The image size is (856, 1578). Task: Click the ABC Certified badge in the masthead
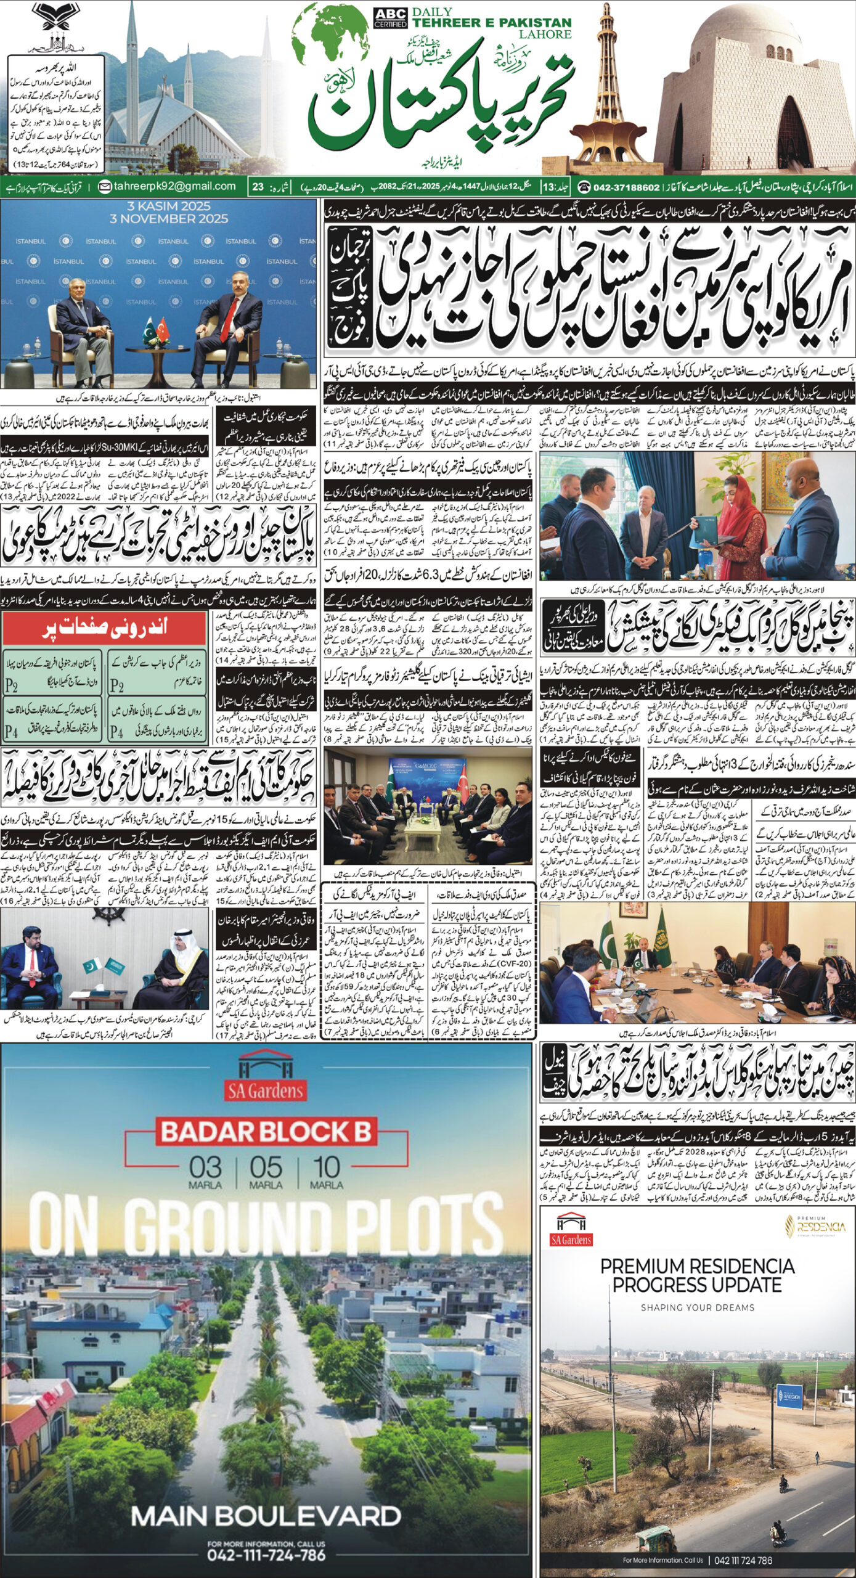tap(390, 18)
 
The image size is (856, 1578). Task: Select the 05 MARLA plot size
tap(266, 1171)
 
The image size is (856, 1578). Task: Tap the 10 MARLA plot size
tap(326, 1171)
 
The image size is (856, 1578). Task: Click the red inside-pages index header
tap(104, 628)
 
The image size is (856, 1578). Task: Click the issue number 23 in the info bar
tap(258, 186)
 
